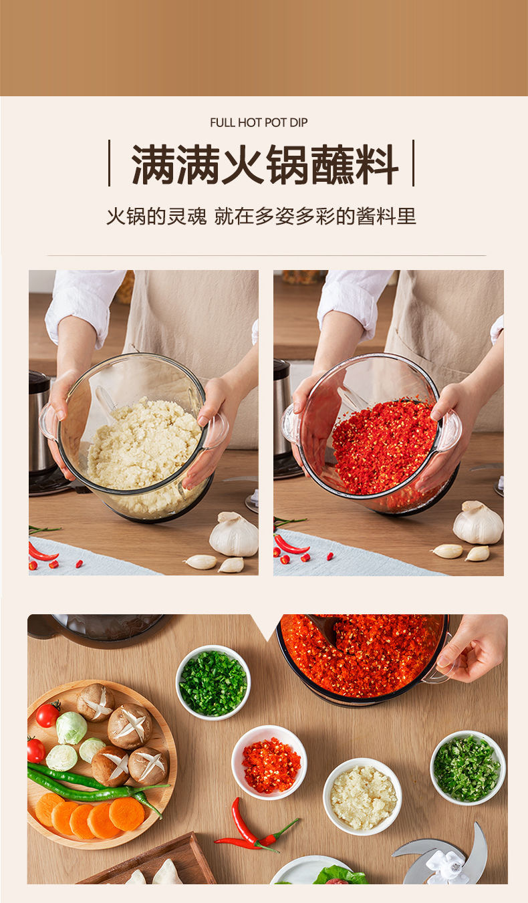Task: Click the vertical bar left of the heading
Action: coord(109,163)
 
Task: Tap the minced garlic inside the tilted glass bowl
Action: coord(144,444)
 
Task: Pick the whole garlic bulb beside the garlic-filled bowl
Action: coord(234,535)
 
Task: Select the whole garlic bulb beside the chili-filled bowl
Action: coord(478,523)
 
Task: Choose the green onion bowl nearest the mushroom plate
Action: coord(213,682)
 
